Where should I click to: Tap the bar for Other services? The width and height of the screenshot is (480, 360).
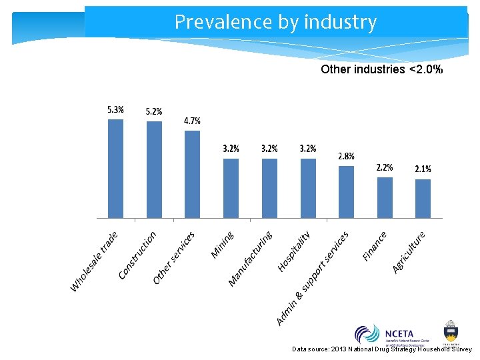pyautogui.click(x=192, y=174)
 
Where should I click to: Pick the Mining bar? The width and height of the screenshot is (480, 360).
pyautogui.click(x=231, y=188)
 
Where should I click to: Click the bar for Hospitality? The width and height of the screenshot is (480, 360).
pyautogui.click(x=308, y=188)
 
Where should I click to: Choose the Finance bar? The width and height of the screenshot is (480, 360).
pyautogui.click(x=385, y=197)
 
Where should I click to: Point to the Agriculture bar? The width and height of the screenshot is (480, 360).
pyautogui.click(x=423, y=198)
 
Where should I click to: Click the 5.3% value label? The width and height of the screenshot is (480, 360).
pyautogui.click(x=115, y=110)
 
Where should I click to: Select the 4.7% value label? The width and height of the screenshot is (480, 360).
pyautogui.click(x=192, y=121)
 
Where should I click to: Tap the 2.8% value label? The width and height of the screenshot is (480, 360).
pyautogui.click(x=346, y=156)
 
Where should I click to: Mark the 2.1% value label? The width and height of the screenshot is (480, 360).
pyautogui.click(x=423, y=169)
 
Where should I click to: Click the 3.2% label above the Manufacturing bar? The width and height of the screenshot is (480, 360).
pyautogui.click(x=269, y=149)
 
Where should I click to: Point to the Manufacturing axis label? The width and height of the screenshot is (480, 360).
pyautogui.click(x=251, y=259)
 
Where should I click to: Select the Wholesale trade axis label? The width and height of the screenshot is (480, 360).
pyautogui.click(x=95, y=261)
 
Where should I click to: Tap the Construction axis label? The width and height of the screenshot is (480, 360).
pyautogui.click(x=137, y=255)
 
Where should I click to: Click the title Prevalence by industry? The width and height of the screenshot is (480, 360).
pyautogui.click(x=275, y=22)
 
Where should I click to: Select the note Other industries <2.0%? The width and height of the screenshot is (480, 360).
pyautogui.click(x=381, y=69)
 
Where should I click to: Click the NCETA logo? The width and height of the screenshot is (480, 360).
pyautogui.click(x=385, y=334)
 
